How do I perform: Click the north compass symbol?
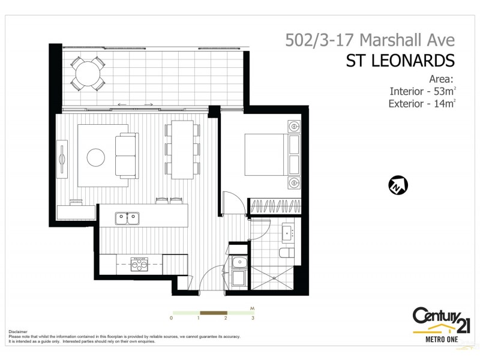(398, 186)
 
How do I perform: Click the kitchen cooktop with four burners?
(140, 264)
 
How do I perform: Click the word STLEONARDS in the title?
(400, 61)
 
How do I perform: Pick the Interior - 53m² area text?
(422, 91)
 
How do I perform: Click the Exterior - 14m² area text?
(422, 104)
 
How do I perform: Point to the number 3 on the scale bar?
(253, 318)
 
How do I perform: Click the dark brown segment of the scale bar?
(213, 313)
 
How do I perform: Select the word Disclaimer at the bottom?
(19, 331)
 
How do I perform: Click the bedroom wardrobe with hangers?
(273, 206)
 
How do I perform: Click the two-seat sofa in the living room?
(126, 153)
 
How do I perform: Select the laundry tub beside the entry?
(238, 262)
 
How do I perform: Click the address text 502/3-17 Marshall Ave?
(370, 41)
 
